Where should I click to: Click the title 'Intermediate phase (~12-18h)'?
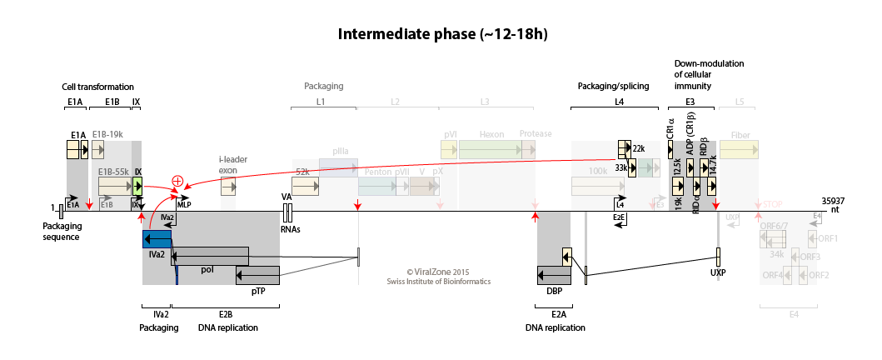click(x=441, y=34)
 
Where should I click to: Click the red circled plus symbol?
click(x=177, y=181)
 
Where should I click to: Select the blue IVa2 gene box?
click(x=157, y=239)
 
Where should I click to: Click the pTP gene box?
click(x=257, y=275)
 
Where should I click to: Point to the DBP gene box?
click(x=553, y=275)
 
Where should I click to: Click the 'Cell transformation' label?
click(x=98, y=87)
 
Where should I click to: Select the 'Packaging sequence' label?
click(x=62, y=231)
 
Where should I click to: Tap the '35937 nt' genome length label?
click(x=833, y=205)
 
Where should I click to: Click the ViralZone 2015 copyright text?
click(x=438, y=272)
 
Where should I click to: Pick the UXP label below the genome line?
click(x=718, y=272)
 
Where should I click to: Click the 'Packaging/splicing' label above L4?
click(x=613, y=87)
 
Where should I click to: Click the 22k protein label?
click(x=639, y=148)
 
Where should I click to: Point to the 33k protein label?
click(x=620, y=167)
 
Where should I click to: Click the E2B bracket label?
click(x=226, y=314)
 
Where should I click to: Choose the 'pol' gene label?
click(x=207, y=269)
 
